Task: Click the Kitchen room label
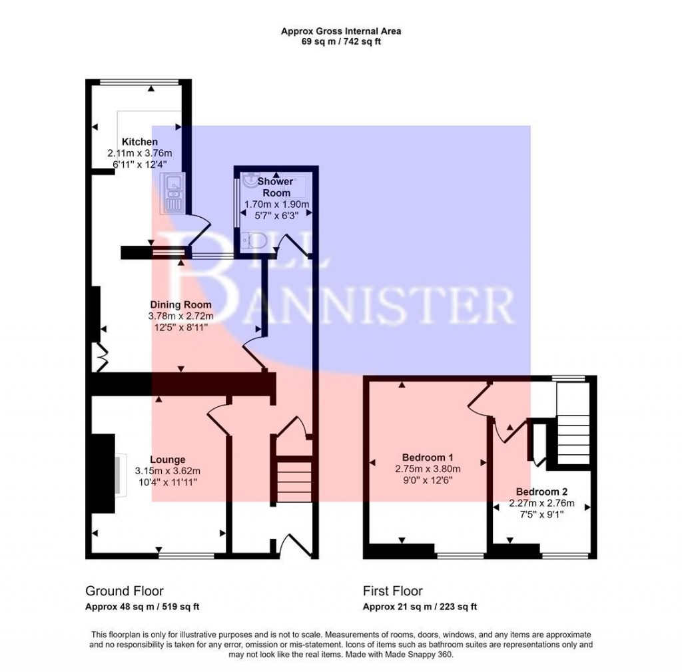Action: click(x=139, y=142)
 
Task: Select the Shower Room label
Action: click(x=275, y=186)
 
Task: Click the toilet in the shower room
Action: click(x=254, y=241)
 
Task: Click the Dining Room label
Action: click(x=180, y=305)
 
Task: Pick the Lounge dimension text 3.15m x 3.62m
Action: click(x=167, y=470)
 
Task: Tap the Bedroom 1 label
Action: click(x=428, y=458)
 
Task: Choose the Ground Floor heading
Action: click(x=124, y=591)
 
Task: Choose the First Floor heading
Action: click(x=392, y=591)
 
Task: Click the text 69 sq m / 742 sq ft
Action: click(x=340, y=41)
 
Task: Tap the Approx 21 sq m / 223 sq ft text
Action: click(x=420, y=607)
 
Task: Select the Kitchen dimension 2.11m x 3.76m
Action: click(x=139, y=153)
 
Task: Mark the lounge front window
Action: click(x=186, y=554)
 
